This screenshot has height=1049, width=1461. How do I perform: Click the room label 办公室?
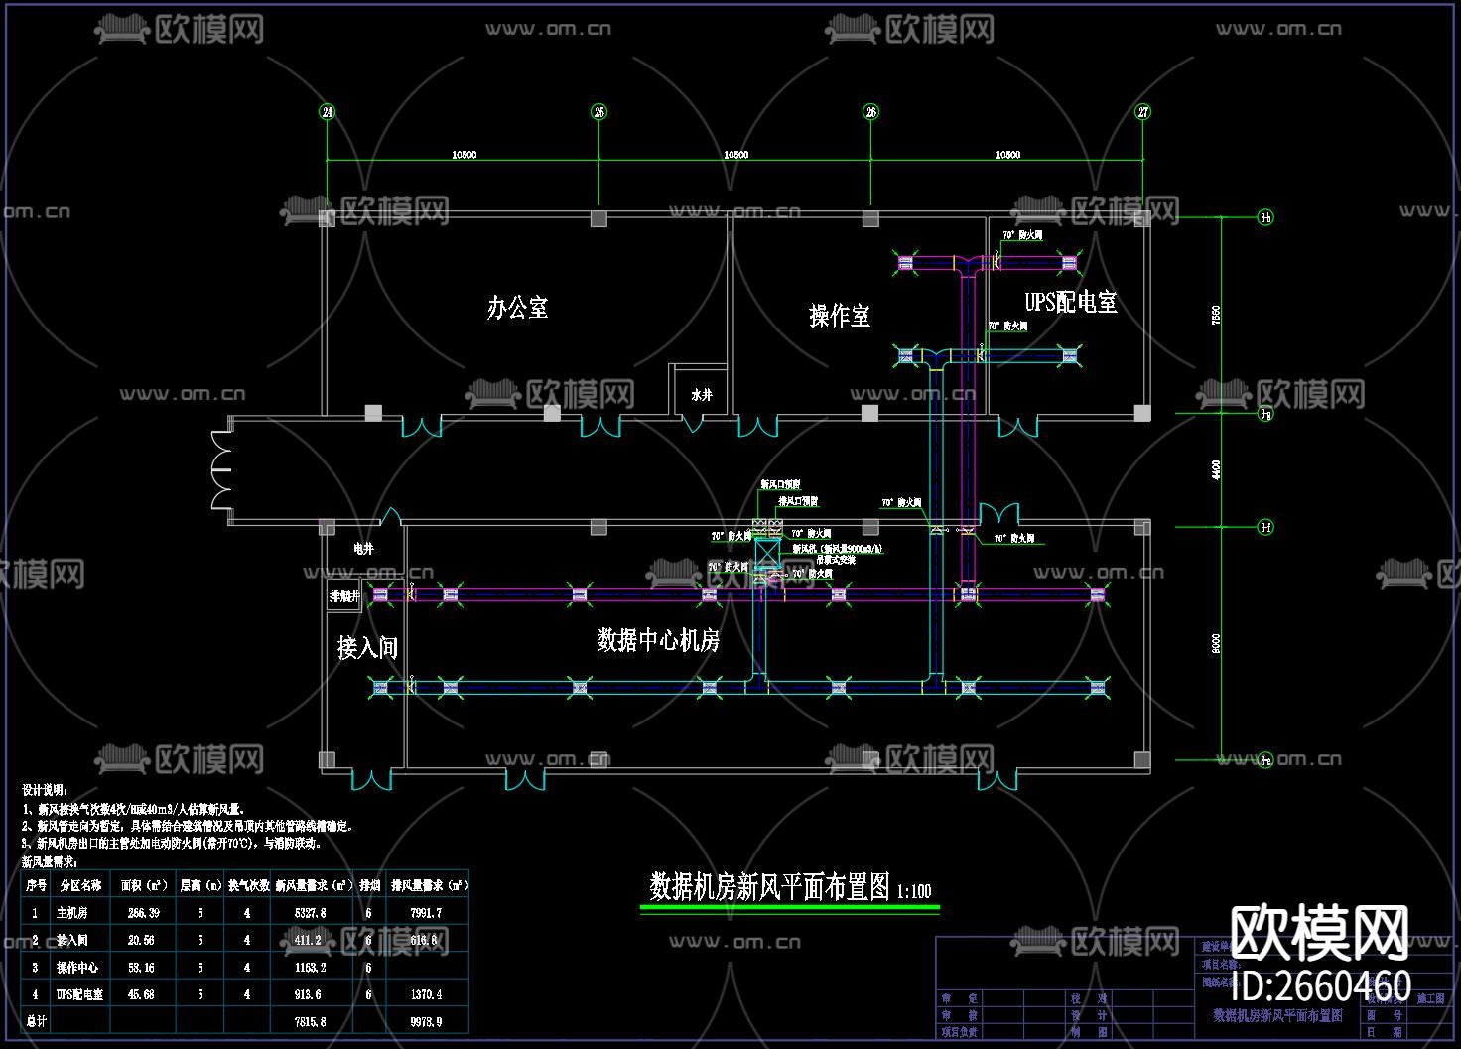(517, 308)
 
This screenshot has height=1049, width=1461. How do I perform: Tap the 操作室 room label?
(840, 317)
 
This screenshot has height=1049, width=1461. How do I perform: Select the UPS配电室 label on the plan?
(1071, 302)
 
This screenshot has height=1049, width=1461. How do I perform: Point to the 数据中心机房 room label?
(658, 641)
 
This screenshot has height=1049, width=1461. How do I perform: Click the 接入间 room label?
(367, 648)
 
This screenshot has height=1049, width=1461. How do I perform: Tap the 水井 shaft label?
(702, 395)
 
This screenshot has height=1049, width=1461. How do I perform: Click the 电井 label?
(363, 548)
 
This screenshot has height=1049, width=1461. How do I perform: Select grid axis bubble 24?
(328, 112)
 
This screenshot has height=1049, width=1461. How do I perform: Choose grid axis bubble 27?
(1143, 112)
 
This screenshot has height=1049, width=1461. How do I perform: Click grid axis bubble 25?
(598, 112)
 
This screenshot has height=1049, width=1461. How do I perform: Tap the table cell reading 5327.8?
(310, 913)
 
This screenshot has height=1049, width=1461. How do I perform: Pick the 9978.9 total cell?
(426, 1021)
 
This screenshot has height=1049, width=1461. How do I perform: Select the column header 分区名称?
(80, 885)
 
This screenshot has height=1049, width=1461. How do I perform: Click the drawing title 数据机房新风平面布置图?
(770, 887)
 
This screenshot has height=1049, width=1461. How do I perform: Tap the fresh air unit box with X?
(766, 553)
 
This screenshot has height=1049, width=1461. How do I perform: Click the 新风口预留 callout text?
(781, 484)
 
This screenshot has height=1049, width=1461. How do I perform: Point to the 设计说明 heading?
(45, 790)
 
